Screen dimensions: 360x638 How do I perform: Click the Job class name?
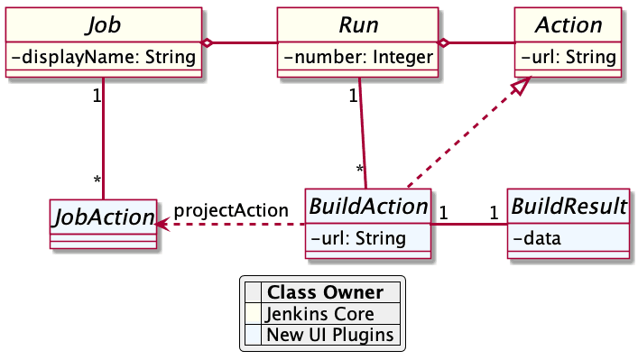pos(104,24)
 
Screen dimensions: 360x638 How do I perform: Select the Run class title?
pos(358,24)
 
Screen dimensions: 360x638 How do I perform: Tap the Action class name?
pos(569,24)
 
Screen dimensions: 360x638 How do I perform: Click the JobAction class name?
pos(101,217)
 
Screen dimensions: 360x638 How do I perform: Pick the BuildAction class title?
pos(367,207)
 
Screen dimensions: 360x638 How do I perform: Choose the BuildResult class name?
pos(568,207)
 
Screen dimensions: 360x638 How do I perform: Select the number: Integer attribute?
pos(358,59)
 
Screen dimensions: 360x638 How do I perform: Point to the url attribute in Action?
pos(569,59)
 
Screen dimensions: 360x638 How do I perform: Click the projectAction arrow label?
pos(231,210)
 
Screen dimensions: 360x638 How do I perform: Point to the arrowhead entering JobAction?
pos(162,224)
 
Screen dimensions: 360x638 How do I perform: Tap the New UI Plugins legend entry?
pos(329,335)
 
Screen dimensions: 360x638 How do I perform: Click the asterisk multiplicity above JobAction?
pos(97,181)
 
